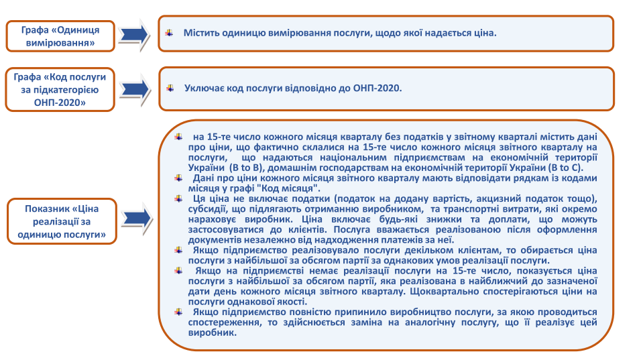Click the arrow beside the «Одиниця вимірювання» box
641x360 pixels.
pyautogui.click(x=134, y=35)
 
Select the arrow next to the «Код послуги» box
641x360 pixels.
pyautogui.click(x=135, y=89)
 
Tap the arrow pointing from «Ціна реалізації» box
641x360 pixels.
pyautogui.click(x=137, y=219)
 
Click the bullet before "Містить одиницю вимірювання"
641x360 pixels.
pyautogui.click(x=169, y=33)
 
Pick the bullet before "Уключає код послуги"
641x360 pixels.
pyautogui.click(x=170, y=88)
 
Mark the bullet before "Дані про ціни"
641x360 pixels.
pyautogui.click(x=178, y=178)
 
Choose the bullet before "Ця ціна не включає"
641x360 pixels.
pyautogui.click(x=178, y=198)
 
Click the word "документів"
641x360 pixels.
pyautogui.click(x=211, y=240)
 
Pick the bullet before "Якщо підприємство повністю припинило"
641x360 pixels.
pyautogui.click(x=178, y=312)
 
